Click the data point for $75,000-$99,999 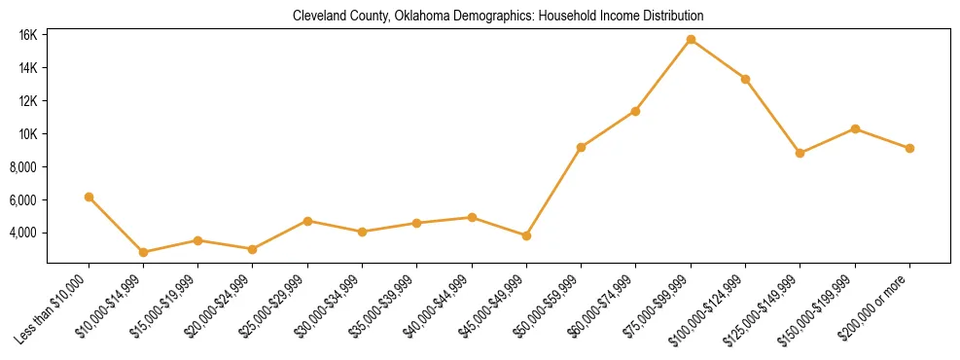(691, 40)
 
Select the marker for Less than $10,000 (89, 197)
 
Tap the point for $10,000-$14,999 (144, 252)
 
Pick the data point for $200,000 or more (909, 148)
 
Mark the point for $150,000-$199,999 (855, 128)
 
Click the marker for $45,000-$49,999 (526, 235)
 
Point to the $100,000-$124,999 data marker (745, 79)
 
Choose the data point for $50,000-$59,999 (581, 147)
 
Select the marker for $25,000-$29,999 (307, 221)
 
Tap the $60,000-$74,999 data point (635, 111)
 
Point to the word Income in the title (603, 17)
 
